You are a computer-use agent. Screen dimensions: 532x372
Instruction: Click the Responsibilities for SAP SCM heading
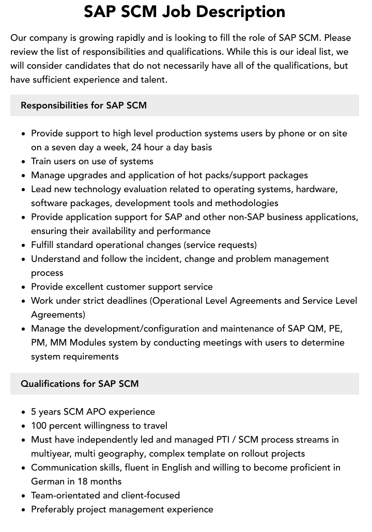tap(84, 105)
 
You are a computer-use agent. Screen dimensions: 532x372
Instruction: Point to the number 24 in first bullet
tap(134, 147)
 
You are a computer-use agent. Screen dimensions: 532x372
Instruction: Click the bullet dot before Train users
tap(23, 161)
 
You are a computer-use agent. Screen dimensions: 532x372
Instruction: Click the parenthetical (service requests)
tap(216, 245)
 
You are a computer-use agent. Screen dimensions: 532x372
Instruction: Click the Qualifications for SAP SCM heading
tap(80, 384)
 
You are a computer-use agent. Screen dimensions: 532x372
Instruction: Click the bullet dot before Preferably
tap(23, 509)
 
